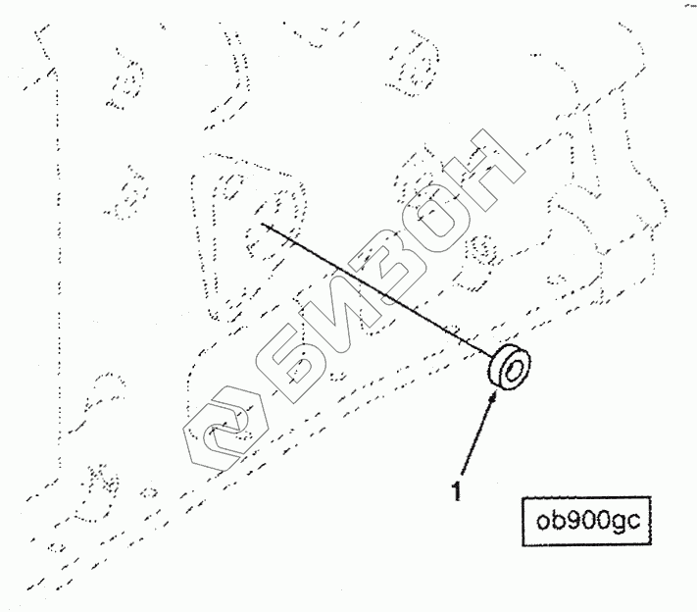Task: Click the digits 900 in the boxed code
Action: [x=587, y=518]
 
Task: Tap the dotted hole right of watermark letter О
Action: [x=482, y=250]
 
